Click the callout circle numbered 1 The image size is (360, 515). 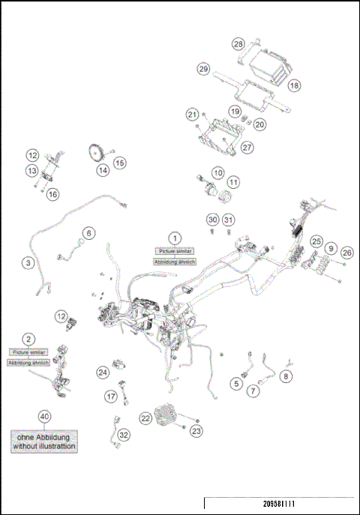174,238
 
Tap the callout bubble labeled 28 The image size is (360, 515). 238,44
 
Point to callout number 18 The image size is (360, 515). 294,86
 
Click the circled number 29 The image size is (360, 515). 202,69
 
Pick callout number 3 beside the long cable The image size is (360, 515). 28,263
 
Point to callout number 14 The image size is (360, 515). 102,170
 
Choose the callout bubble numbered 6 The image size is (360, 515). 88,233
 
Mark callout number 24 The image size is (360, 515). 103,372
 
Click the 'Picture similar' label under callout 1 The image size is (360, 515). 174,251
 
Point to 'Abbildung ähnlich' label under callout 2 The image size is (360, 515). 28,362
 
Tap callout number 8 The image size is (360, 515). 286,376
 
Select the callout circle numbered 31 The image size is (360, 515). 229,219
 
